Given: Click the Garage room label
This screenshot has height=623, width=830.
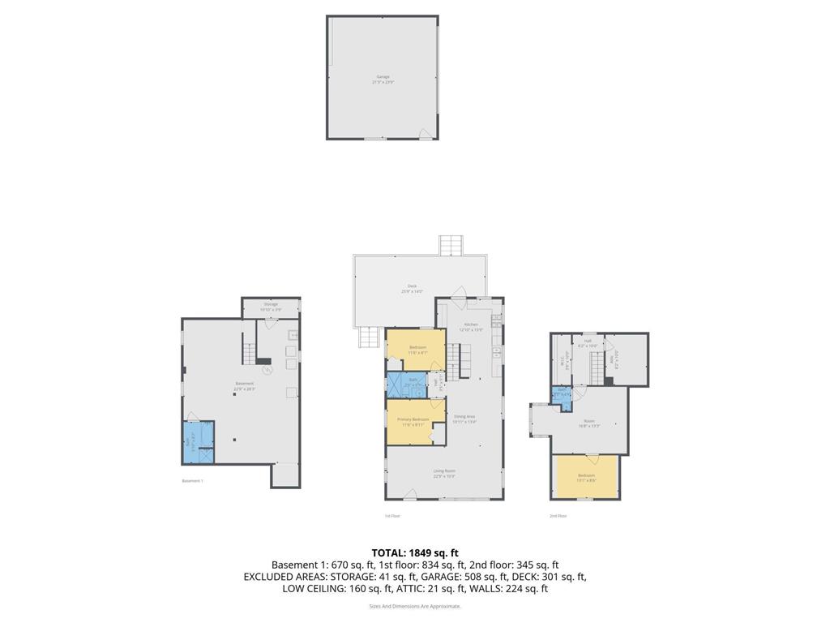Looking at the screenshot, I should pyautogui.click(x=382, y=77).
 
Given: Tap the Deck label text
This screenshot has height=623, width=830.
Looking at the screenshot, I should pyautogui.click(x=412, y=286).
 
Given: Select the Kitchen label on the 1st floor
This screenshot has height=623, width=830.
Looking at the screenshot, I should pyautogui.click(x=471, y=324).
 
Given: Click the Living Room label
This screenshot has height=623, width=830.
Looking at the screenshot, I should pyautogui.click(x=443, y=471).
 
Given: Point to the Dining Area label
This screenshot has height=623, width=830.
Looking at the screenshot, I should pyautogui.click(x=464, y=417).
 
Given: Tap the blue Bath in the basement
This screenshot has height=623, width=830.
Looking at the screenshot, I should pyautogui.click(x=195, y=445).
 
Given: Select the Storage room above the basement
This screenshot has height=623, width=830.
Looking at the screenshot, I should pyautogui.click(x=271, y=306).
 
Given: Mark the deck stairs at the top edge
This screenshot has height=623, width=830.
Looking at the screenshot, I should pyautogui.click(x=450, y=244).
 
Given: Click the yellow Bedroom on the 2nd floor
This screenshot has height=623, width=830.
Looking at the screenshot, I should pyautogui.click(x=585, y=477).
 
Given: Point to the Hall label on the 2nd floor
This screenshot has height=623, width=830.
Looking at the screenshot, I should pyautogui.click(x=588, y=342).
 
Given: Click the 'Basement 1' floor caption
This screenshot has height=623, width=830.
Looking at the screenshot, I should pyautogui.click(x=192, y=481).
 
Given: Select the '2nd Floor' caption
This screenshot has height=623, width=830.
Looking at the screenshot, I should pyautogui.click(x=558, y=516).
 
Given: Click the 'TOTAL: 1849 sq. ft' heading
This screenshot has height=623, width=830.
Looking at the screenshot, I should pyautogui.click(x=415, y=552).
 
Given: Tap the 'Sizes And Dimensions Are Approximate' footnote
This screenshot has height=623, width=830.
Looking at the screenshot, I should pyautogui.click(x=415, y=606).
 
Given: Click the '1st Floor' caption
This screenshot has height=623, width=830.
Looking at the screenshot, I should pyautogui.click(x=392, y=516).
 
